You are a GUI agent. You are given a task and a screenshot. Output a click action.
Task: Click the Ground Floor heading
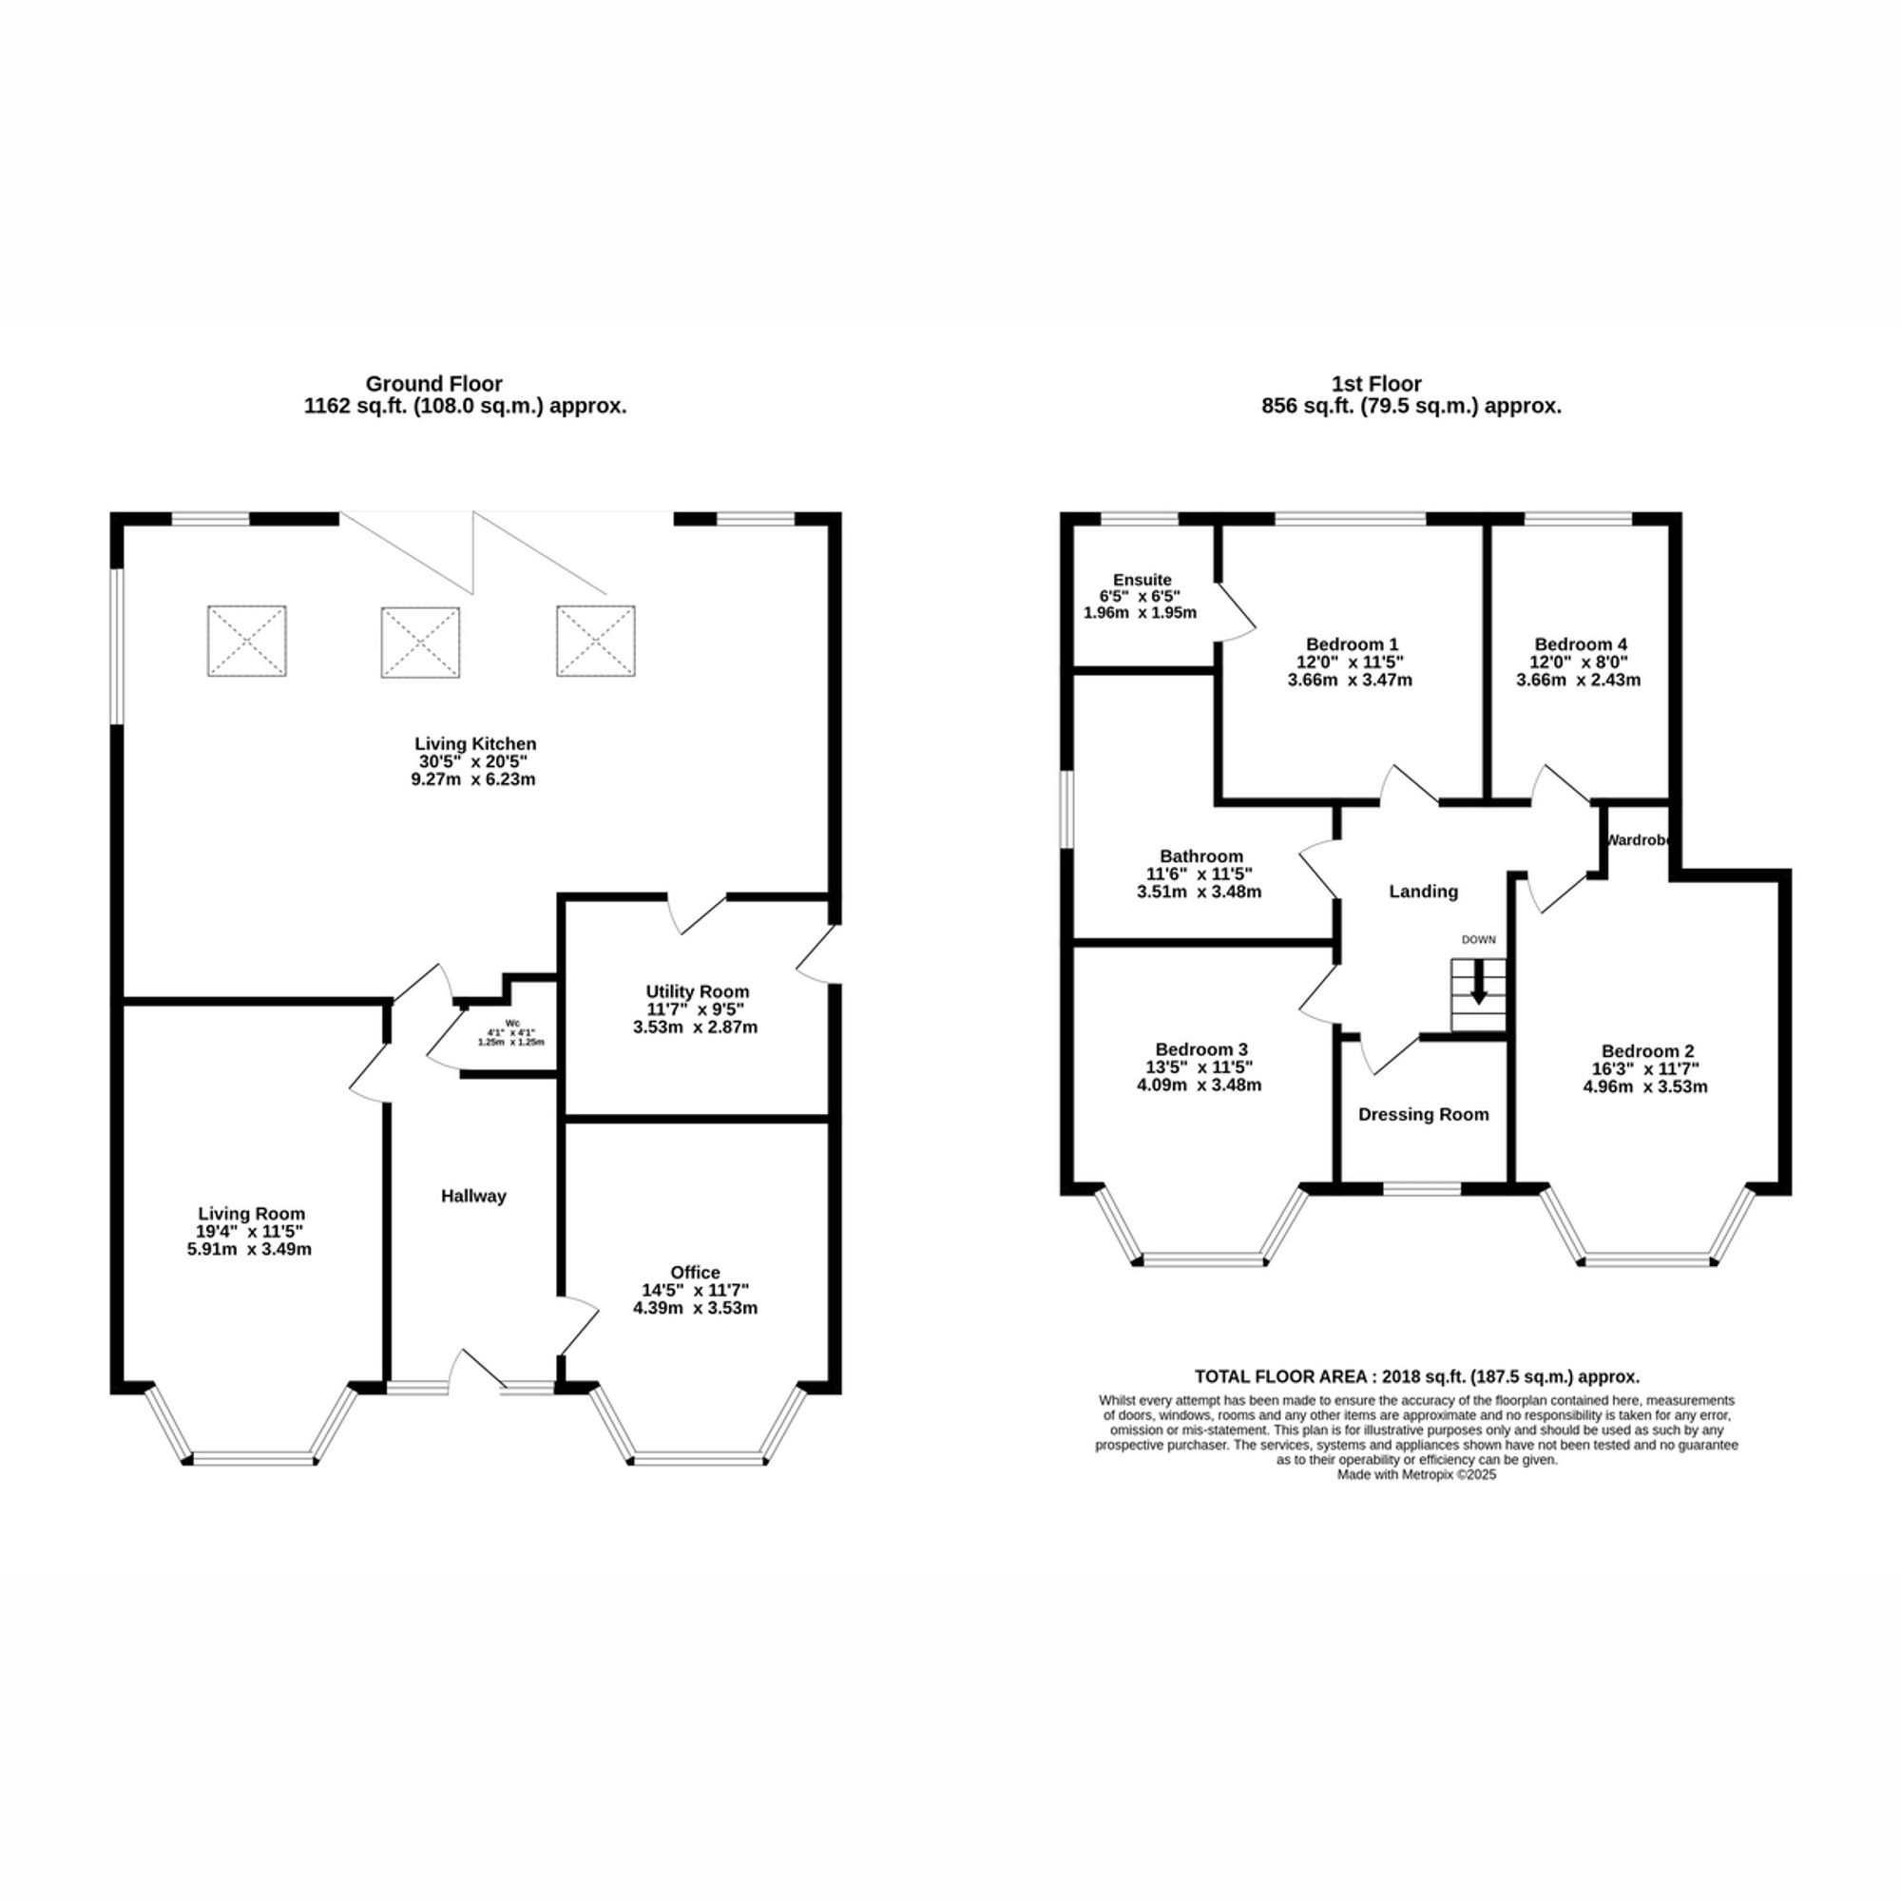[434, 384]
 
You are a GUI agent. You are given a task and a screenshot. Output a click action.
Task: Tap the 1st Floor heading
[1376, 384]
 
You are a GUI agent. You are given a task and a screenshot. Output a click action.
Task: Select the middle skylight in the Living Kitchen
[420, 642]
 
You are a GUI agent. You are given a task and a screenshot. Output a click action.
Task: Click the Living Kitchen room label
[475, 744]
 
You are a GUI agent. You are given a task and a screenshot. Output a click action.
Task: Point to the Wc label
[511, 1023]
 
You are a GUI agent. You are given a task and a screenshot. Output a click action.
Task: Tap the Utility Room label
[697, 991]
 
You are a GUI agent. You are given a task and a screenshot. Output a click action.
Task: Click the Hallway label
[473, 1197]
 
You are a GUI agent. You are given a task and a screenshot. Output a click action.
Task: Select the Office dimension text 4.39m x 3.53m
[695, 1309]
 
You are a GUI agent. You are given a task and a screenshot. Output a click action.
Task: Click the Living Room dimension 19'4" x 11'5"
[251, 1232]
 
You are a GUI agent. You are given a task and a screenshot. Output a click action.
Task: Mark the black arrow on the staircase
[1478, 995]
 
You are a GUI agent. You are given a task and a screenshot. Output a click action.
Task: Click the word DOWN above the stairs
[1478, 940]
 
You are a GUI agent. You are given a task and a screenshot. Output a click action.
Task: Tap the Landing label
[1423, 892]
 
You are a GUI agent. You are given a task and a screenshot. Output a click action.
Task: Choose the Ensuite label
[1142, 580]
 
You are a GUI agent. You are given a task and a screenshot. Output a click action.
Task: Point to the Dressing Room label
[1423, 1115]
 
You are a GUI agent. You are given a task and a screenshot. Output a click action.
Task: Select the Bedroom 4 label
[1578, 644]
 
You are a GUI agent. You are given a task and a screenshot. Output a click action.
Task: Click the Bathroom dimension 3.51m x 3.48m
[1199, 893]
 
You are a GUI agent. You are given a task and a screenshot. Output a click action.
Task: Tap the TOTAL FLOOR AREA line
[1417, 1376]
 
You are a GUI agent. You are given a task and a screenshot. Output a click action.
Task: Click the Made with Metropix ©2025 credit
[1417, 1475]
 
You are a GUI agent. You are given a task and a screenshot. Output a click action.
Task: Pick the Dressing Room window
[1422, 1190]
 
